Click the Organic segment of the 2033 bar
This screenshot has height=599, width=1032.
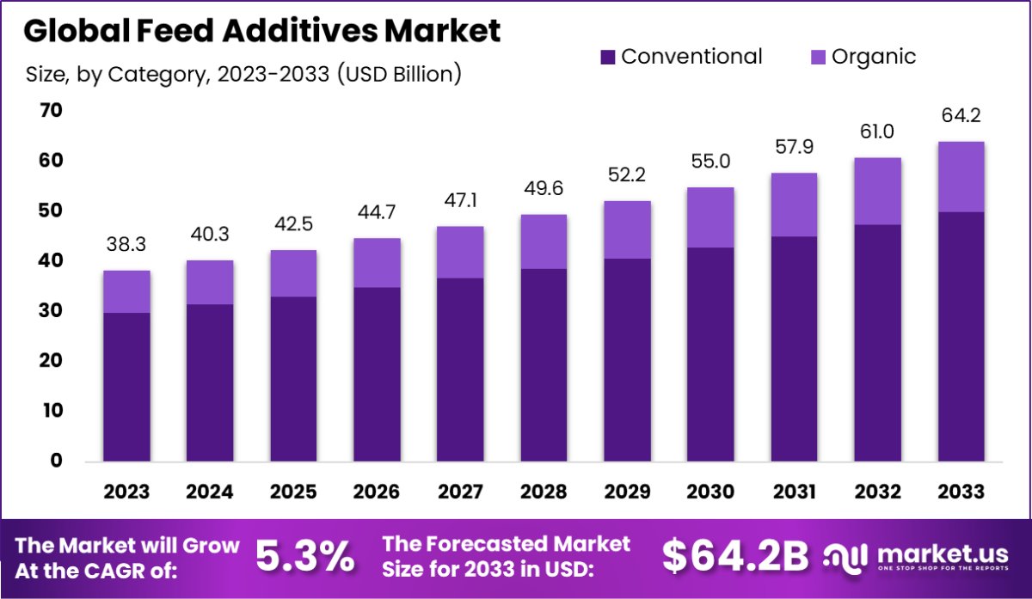[961, 176]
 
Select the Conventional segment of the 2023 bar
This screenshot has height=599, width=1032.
[126, 387]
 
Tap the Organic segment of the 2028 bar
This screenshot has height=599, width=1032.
[544, 241]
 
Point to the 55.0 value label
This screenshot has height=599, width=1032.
[710, 162]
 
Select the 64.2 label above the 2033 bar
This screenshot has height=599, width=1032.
[961, 116]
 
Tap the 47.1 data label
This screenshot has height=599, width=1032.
[460, 201]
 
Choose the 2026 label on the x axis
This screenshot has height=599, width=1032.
[377, 492]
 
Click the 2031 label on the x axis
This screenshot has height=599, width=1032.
[794, 492]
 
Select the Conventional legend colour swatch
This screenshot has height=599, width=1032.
[609, 58]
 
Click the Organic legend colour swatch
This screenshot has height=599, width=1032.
[818, 58]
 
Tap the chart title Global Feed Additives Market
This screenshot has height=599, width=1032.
[262, 31]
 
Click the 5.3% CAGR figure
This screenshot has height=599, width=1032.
[305, 557]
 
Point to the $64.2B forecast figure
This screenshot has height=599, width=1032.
[735, 557]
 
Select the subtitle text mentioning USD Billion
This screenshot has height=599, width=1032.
[244, 75]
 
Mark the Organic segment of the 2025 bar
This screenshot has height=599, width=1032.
[293, 273]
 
